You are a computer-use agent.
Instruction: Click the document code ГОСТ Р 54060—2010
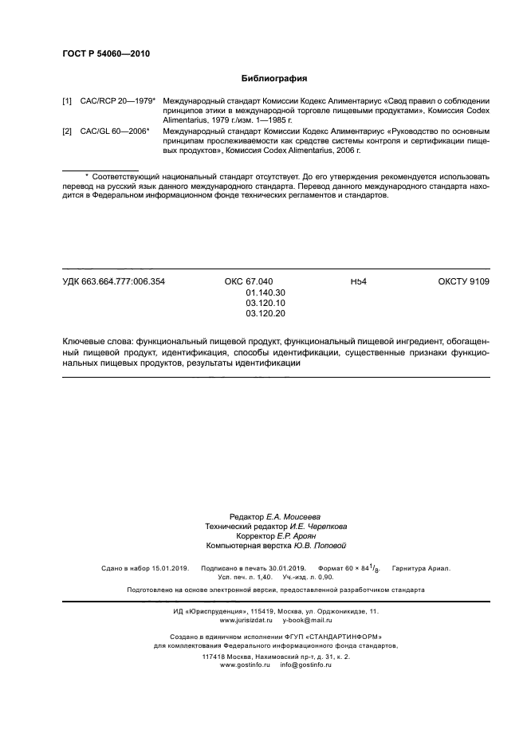point(106,54)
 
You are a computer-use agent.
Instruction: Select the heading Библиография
point(274,79)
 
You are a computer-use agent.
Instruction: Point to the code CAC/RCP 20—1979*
point(116,102)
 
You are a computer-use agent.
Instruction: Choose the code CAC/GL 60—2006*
point(115,130)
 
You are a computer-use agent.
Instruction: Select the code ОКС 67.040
point(249,281)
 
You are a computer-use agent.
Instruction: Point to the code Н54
point(358,281)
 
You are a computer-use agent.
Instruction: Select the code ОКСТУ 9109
point(464,281)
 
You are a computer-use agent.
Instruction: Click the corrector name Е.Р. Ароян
point(285,536)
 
